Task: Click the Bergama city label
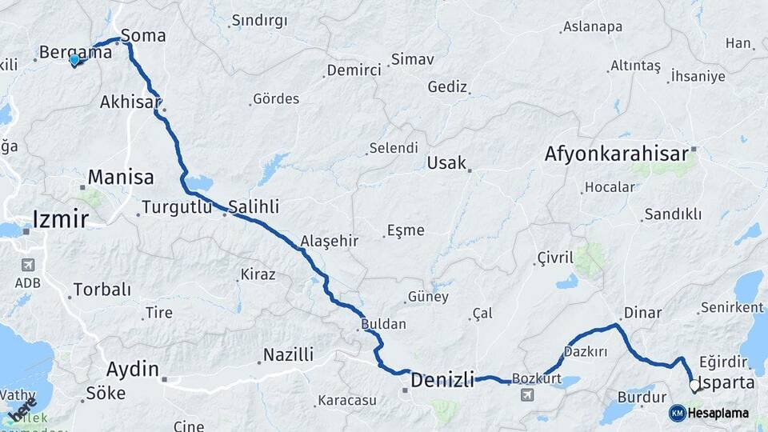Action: pos(75,53)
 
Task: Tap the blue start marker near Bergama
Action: pos(74,60)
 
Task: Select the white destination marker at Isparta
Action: pos(694,386)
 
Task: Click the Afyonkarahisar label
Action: pos(616,154)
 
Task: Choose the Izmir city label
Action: pos(61,218)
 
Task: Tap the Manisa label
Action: pos(121,177)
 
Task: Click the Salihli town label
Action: pos(254,207)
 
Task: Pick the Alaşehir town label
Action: pos(329,241)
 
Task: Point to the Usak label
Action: pos(446,163)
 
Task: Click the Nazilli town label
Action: pos(288,354)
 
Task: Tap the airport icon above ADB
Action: pos(28,265)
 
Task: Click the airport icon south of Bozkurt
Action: pos(527,395)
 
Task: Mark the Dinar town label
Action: pos(642,313)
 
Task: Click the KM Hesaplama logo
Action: pos(709,413)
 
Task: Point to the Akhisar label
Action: pos(130,102)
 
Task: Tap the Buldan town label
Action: pos(384,325)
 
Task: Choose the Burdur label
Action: pos(642,397)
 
